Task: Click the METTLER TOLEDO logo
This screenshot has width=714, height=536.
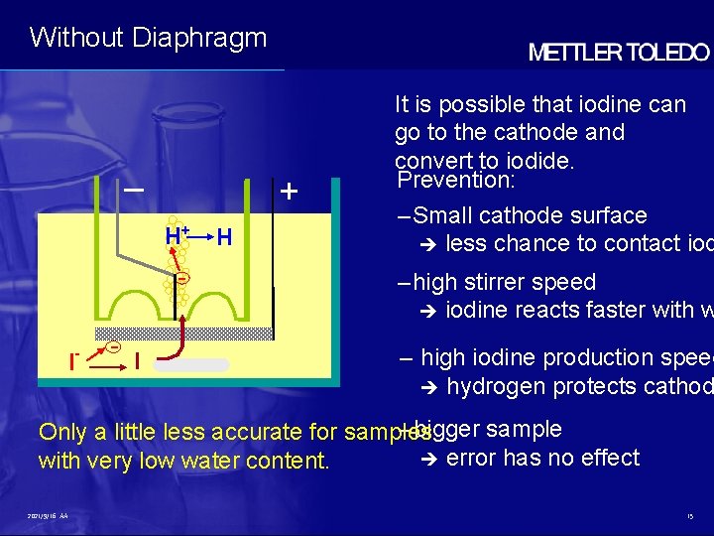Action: (619, 54)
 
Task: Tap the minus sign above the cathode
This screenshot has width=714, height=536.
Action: (134, 189)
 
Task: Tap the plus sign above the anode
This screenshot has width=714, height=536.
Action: (288, 191)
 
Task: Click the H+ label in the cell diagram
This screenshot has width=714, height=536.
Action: (178, 236)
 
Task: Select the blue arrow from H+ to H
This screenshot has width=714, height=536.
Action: (201, 237)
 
